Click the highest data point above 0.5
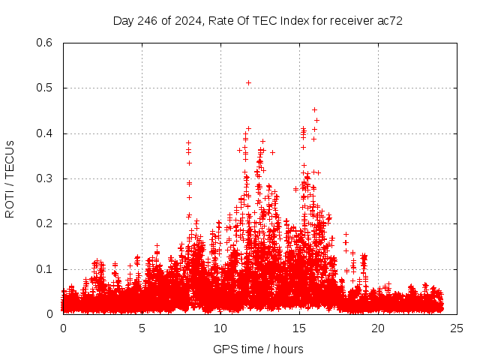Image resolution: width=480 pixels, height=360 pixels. (248, 82)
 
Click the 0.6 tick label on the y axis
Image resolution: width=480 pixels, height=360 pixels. (45, 43)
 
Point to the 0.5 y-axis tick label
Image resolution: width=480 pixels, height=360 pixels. (45, 88)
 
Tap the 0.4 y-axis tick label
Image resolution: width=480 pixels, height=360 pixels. (45, 133)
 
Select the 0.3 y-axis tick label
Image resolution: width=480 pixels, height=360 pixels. (45, 178)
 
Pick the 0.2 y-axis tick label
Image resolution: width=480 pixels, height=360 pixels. (45, 223)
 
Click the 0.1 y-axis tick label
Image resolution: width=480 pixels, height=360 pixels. (45, 269)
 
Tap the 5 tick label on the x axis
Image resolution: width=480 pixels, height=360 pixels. (142, 328)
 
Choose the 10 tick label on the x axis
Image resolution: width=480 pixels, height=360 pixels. (220, 328)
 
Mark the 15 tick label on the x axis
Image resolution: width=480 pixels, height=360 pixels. (299, 328)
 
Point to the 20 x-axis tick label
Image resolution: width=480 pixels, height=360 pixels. (378, 328)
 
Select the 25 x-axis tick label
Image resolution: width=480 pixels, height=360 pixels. (457, 328)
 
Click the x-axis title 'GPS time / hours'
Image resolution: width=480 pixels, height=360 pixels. (257, 349)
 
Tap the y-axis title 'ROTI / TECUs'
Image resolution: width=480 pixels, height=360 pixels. (10, 178)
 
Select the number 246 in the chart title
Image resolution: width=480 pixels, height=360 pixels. (149, 21)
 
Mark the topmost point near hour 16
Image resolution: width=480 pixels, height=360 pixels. (315, 110)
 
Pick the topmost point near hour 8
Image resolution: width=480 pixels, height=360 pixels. (189, 142)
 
